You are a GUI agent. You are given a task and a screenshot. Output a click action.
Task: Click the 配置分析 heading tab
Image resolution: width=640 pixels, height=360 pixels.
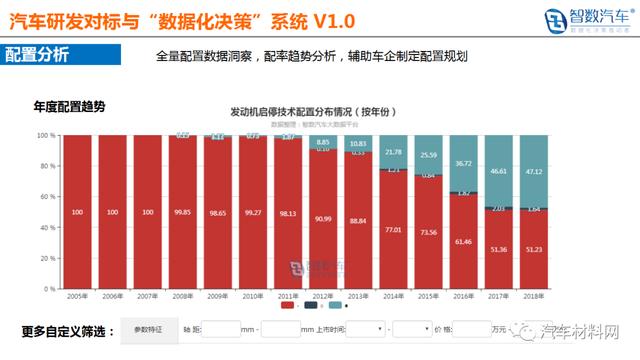click(37, 54)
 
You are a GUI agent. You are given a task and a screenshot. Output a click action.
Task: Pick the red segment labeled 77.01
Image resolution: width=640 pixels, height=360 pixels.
click(393, 230)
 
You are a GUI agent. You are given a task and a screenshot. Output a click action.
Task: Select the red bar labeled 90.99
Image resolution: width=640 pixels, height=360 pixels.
click(322, 218)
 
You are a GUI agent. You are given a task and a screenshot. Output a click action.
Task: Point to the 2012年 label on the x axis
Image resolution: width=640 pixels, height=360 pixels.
click(322, 298)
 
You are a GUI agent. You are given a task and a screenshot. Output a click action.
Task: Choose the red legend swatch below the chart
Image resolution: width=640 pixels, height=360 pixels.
click(286, 307)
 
